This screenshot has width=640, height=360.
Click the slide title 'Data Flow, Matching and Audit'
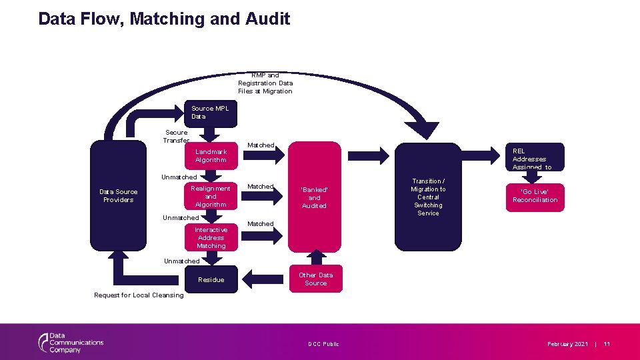[164, 19]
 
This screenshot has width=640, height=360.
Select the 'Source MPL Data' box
[210, 113]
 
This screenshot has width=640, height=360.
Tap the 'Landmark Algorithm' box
[211, 156]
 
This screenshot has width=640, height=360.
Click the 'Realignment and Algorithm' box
[211, 197]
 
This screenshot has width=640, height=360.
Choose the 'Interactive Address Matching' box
[211, 237]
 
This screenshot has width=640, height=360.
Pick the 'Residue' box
[211, 279]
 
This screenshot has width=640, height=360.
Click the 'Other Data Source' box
[315, 279]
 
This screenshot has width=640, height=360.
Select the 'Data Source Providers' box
[118, 196]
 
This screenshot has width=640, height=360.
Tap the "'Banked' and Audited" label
[314, 197]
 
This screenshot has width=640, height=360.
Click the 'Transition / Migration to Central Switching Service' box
[428, 197]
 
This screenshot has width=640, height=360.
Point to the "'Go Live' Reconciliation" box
[535, 196]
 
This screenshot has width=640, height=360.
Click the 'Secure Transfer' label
[177, 136]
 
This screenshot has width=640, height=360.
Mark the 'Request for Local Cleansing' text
[139, 295]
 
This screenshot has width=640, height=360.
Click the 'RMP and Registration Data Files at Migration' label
[265, 83]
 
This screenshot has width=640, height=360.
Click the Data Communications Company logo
[71, 342]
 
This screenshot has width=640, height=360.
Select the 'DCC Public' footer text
[323, 344]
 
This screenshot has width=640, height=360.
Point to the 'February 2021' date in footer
[567, 344]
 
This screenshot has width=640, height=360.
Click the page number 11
[607, 344]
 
